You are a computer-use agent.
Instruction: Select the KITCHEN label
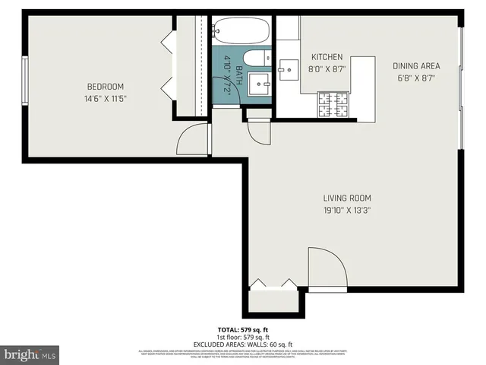(x=327, y=57)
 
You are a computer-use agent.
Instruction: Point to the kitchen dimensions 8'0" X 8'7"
(x=327, y=68)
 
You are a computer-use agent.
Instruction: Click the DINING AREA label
(x=415, y=66)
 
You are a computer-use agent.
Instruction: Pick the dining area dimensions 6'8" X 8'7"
(x=415, y=78)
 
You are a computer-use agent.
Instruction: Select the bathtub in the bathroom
(x=241, y=32)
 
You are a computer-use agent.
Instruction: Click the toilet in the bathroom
(x=254, y=57)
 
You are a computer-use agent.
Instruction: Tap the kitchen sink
(x=289, y=71)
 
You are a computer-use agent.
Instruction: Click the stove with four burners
(x=333, y=105)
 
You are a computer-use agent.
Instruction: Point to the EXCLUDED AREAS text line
(x=242, y=344)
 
